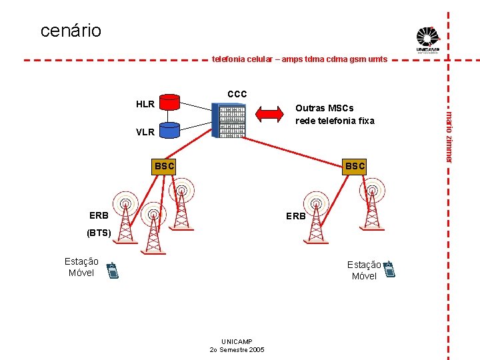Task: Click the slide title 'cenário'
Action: tap(71, 31)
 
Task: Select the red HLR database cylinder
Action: tap(171, 102)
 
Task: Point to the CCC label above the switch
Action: tap(237, 94)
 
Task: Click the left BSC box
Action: tap(164, 165)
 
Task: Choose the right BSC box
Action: tap(354, 165)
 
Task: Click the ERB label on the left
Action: tap(99, 215)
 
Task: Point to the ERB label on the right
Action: tap(295, 216)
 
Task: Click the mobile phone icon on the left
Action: tap(113, 270)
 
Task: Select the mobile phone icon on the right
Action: tap(390, 269)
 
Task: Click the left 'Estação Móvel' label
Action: tap(81, 267)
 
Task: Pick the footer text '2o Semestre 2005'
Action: tap(237, 349)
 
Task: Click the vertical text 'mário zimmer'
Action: tap(449, 137)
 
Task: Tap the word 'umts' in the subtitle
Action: tap(377, 59)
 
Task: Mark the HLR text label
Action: tap(145, 104)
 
